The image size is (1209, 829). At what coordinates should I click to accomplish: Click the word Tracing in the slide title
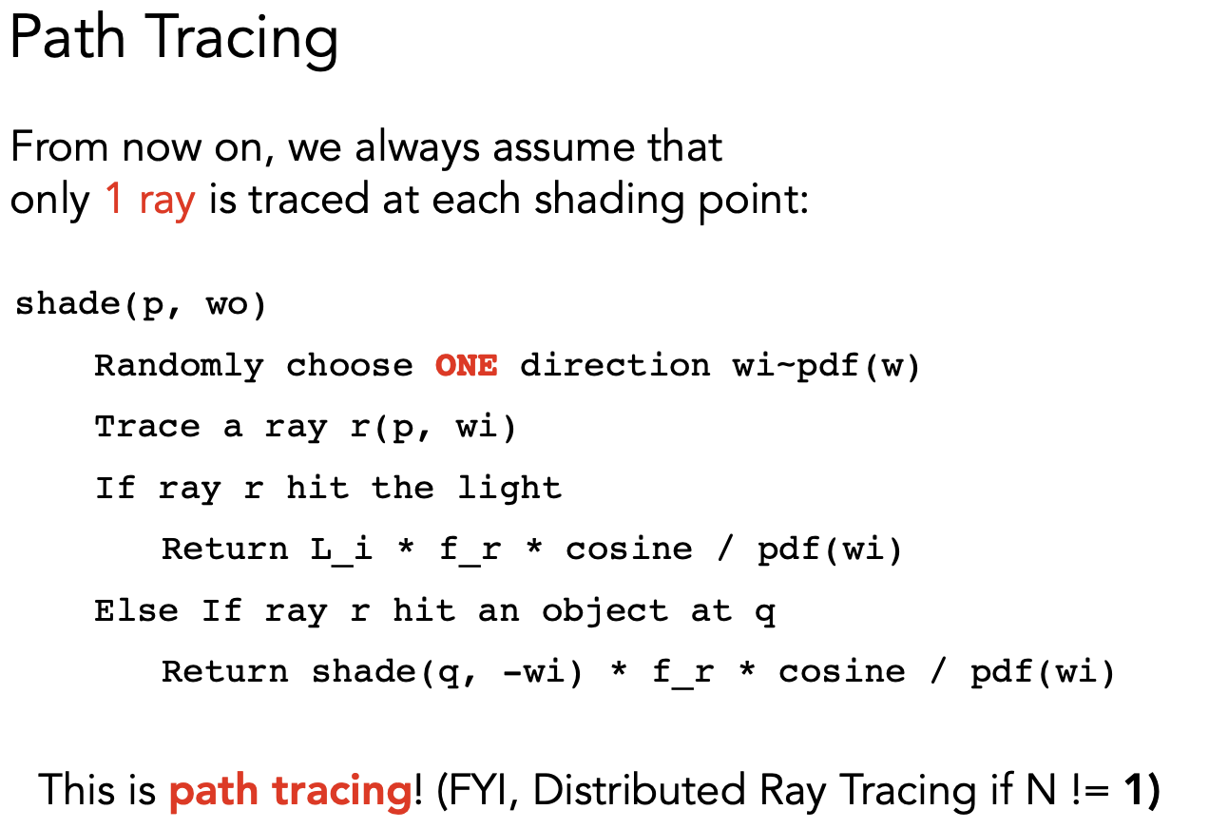(241, 39)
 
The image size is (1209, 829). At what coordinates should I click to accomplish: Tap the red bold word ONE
(467, 365)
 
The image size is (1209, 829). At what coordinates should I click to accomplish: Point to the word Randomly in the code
(180, 367)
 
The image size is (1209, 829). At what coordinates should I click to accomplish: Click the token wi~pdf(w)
(826, 367)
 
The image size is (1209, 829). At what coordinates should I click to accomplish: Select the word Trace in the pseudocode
(147, 426)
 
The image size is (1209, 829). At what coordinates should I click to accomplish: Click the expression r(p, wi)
(433, 428)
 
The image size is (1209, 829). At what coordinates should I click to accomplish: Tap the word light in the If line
(510, 489)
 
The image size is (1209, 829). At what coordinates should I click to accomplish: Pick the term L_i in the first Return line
(341, 549)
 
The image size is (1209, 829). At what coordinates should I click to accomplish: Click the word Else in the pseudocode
(137, 611)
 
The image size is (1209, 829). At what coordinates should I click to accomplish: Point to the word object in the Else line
(605, 612)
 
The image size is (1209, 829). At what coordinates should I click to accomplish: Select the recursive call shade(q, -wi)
(448, 673)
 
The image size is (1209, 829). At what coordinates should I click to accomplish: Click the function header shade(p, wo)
(141, 305)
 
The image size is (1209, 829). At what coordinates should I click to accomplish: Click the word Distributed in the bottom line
(640, 790)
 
